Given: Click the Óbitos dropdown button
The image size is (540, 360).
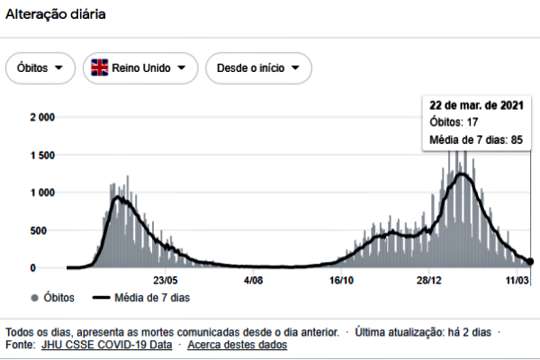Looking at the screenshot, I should click(40, 68).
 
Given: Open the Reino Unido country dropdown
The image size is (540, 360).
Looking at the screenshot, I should click(140, 68).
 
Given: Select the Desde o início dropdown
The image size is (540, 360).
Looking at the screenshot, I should click(258, 68).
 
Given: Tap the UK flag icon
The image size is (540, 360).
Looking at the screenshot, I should click(99, 68).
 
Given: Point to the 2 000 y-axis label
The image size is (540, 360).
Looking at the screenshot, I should click(43, 117).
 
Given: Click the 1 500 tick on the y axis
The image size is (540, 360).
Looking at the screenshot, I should click(43, 155).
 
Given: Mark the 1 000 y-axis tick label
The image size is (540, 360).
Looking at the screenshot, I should click(43, 193).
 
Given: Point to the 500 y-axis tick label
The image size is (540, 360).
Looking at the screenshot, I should click(47, 230).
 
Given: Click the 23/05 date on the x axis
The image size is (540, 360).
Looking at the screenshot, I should click(166, 281).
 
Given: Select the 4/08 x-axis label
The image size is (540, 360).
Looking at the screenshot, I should click(254, 281).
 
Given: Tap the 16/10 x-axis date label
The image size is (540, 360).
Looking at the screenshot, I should click(341, 281).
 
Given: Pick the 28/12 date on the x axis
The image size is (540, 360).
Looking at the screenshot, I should click(428, 281).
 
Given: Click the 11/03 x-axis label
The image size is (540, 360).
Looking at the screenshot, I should click(516, 281).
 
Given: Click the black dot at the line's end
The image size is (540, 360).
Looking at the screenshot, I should click(530, 261).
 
